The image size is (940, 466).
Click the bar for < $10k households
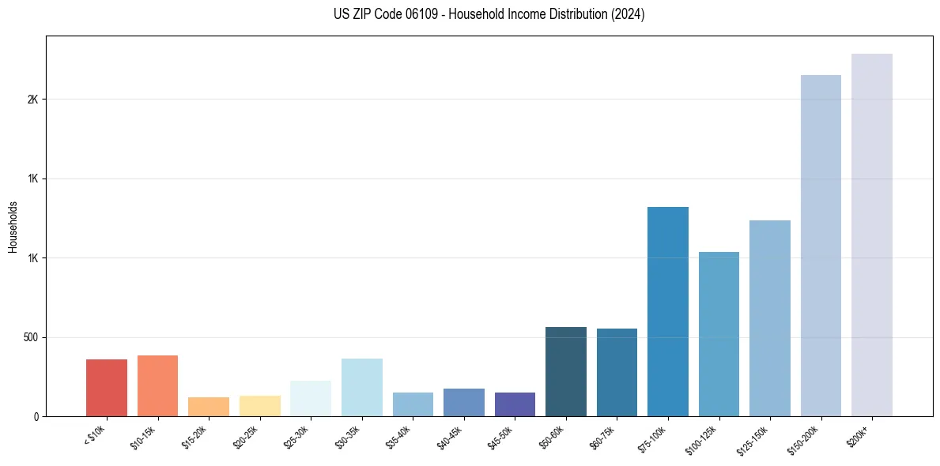(107, 388)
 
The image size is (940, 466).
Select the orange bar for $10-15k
(157, 385)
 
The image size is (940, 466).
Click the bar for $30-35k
(362, 387)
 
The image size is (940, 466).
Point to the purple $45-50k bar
(515, 404)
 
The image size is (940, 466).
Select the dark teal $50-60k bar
(566, 371)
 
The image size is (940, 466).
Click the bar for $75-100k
(668, 311)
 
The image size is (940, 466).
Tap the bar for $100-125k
(719, 334)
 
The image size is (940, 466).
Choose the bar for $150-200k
(821, 246)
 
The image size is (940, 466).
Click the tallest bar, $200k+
(872, 235)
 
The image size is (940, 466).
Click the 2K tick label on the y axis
(32, 100)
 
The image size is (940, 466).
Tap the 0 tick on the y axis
(36, 417)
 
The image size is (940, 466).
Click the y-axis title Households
(13, 227)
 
